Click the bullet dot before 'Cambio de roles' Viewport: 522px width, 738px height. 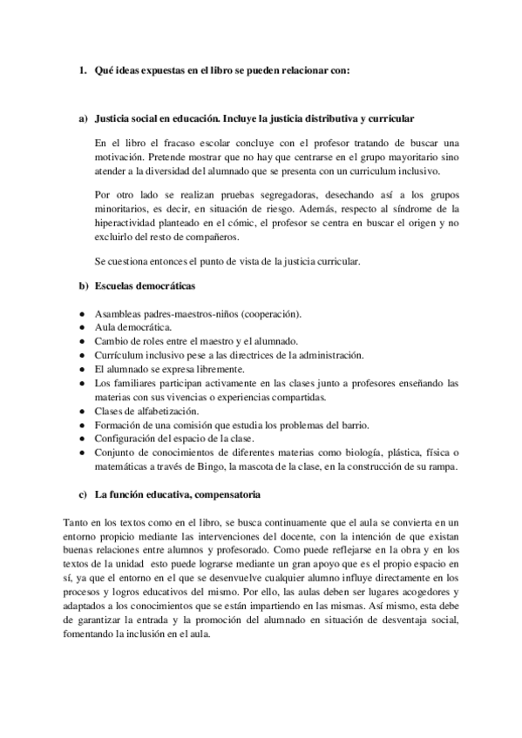(82, 340)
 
